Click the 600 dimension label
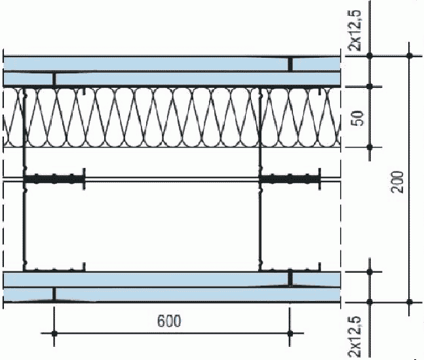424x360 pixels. click(x=169, y=321)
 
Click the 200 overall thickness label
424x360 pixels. click(x=398, y=182)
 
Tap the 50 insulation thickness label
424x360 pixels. click(x=358, y=118)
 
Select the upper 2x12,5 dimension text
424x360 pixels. click(x=355, y=30)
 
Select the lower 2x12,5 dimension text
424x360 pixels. click(x=355, y=336)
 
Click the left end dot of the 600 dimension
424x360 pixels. click(x=54, y=334)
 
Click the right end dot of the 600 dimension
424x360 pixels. click(x=290, y=334)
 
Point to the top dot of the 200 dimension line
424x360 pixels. click(x=410, y=56)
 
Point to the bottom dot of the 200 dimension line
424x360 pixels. click(x=410, y=302)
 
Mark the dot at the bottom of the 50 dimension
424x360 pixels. click(x=370, y=148)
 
